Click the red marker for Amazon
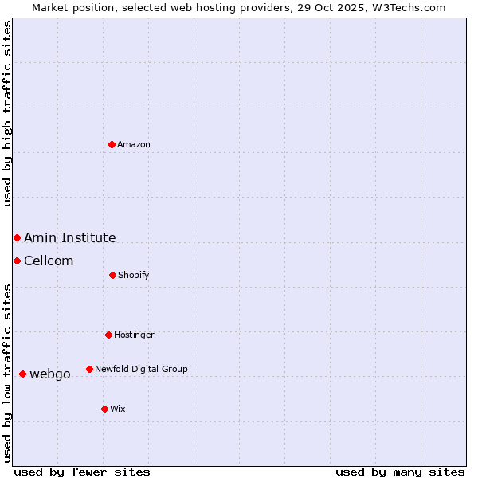112,144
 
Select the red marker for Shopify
112,275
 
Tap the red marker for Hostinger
108,335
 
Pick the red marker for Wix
104,409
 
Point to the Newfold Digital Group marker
89,369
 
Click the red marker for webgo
22,374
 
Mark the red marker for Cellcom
17,261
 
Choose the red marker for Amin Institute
17,237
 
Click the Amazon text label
134,144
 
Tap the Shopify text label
134,275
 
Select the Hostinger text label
134,335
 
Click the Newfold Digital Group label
141,369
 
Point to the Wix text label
118,409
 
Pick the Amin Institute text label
70,237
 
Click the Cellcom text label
49,261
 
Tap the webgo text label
50,374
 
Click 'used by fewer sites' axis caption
82,472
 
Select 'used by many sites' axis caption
400,472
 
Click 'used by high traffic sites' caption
7,113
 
